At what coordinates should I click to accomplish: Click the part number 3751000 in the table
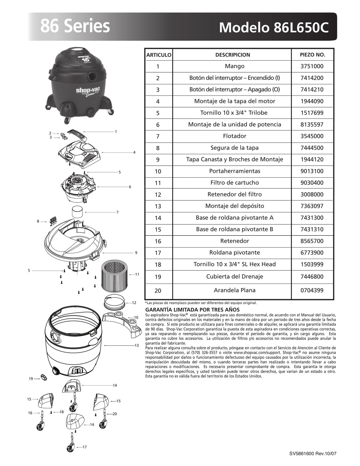[312, 66]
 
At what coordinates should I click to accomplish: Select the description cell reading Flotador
[235, 136]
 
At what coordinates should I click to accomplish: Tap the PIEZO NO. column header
[312, 55]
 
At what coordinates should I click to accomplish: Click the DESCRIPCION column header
[232, 55]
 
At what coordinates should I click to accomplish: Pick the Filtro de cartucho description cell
[235, 183]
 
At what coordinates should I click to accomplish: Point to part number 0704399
[312, 290]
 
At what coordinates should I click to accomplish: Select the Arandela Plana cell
[235, 290]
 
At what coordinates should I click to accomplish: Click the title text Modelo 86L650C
[274, 28]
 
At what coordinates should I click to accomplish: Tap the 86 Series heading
[75, 26]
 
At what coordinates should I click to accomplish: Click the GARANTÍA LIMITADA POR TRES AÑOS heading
[192, 310]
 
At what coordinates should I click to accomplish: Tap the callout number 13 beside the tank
[136, 346]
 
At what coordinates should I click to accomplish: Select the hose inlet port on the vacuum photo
[92, 76]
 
